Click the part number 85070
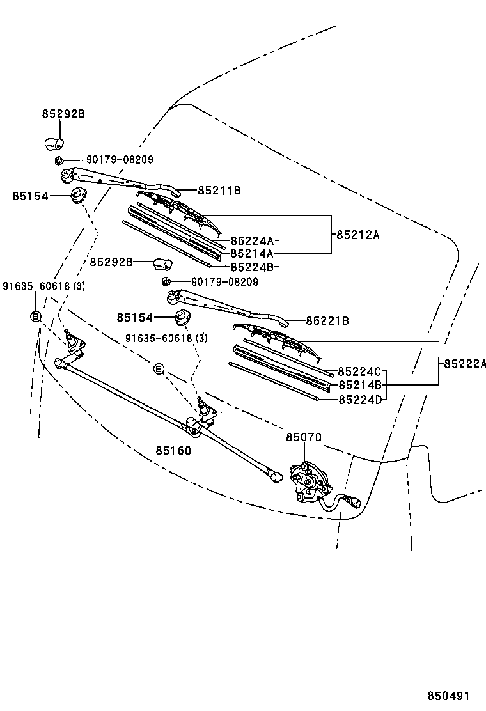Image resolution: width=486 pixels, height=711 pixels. (x=303, y=437)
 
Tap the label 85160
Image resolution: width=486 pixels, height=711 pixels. (x=173, y=450)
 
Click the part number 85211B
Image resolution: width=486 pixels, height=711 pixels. (x=219, y=191)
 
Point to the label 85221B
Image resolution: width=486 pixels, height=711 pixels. (x=327, y=321)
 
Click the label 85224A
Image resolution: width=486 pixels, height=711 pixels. (x=251, y=241)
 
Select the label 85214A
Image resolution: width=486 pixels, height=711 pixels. (x=251, y=254)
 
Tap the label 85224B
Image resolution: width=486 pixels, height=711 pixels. (x=251, y=267)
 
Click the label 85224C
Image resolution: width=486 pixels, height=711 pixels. (x=359, y=372)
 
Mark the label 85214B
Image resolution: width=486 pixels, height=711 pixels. (x=359, y=385)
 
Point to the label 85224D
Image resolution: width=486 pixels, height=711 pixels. (x=359, y=400)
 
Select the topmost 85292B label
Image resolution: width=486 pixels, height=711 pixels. (x=63, y=114)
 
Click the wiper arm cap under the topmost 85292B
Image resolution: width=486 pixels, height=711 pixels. (x=54, y=142)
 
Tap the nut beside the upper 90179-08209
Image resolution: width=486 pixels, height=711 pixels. (x=59, y=160)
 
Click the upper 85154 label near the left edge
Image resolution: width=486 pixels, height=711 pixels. (x=30, y=196)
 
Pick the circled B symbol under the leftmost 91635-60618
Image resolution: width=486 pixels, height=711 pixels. (x=36, y=316)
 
